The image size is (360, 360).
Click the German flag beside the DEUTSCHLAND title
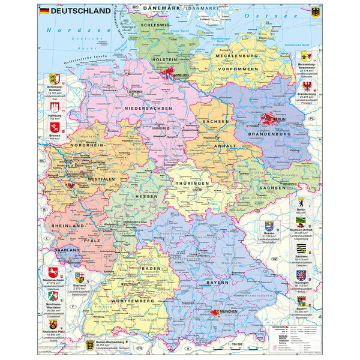pyautogui.click(x=44, y=11)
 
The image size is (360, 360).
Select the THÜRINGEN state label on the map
pyautogui.click(x=191, y=183)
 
